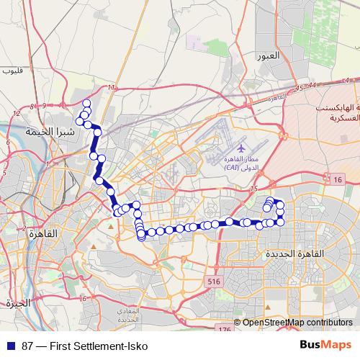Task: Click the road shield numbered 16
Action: [337, 179]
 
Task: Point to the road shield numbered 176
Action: [224, 329]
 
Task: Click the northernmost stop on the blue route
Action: [86, 103]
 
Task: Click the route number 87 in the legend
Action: [28, 346]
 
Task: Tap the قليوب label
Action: [12, 70]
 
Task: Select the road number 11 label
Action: [112, 87]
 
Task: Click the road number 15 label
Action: [253, 189]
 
